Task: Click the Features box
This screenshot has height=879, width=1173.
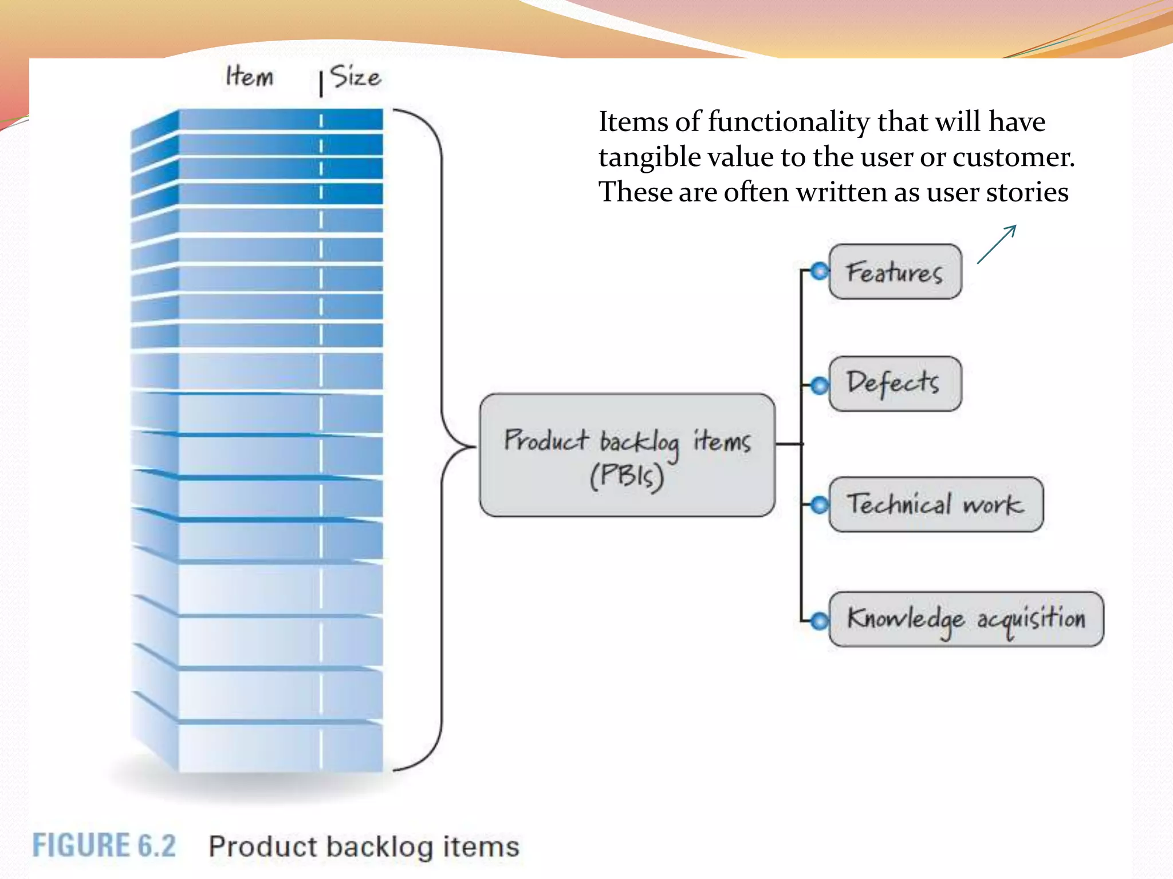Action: point(895,272)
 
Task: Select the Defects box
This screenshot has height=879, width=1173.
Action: point(895,383)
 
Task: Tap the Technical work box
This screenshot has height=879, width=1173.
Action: point(936,505)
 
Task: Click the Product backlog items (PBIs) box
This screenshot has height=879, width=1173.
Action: point(627,456)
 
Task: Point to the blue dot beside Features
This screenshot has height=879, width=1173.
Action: point(820,271)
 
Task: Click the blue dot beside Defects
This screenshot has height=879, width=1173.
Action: point(820,386)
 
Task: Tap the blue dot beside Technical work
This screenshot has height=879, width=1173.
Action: point(820,505)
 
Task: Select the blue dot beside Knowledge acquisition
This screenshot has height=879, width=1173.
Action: point(820,620)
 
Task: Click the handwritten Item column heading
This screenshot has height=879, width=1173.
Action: point(249,76)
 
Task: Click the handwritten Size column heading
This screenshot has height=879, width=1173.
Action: point(356,77)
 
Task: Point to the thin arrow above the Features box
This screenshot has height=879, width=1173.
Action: point(997,244)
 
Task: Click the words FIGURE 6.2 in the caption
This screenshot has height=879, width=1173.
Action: point(104,846)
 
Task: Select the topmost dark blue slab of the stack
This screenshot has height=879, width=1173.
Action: point(281,120)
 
